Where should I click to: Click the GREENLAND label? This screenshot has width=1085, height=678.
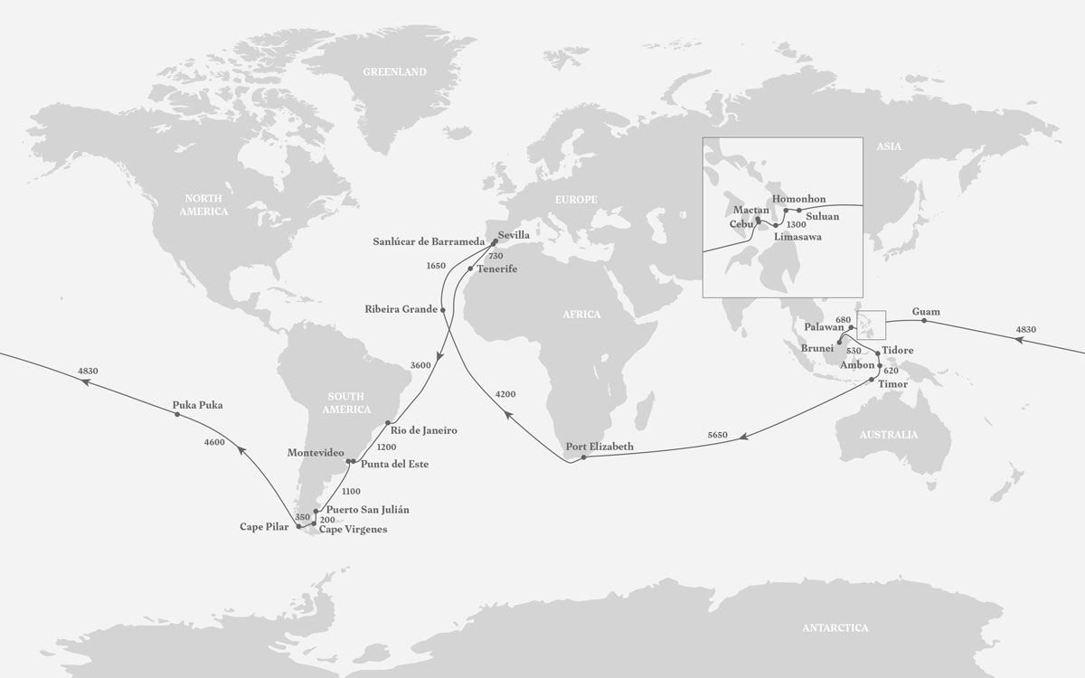tap(394, 72)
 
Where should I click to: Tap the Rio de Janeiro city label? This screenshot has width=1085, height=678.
tap(424, 430)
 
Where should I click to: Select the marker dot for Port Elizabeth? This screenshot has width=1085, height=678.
tap(584, 457)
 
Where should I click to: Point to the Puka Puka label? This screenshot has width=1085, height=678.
tap(197, 406)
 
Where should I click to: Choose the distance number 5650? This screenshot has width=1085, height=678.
tap(719, 436)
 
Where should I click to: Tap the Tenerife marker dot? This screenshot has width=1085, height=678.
tap(470, 268)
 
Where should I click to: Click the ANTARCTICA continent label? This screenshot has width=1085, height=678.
tap(835, 627)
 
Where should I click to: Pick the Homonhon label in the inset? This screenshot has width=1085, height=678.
tap(799, 200)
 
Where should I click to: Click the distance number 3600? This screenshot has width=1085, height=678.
tap(420, 365)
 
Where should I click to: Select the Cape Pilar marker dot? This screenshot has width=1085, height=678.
tap(298, 525)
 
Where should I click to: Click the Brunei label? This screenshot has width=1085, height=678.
tap(818, 347)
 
